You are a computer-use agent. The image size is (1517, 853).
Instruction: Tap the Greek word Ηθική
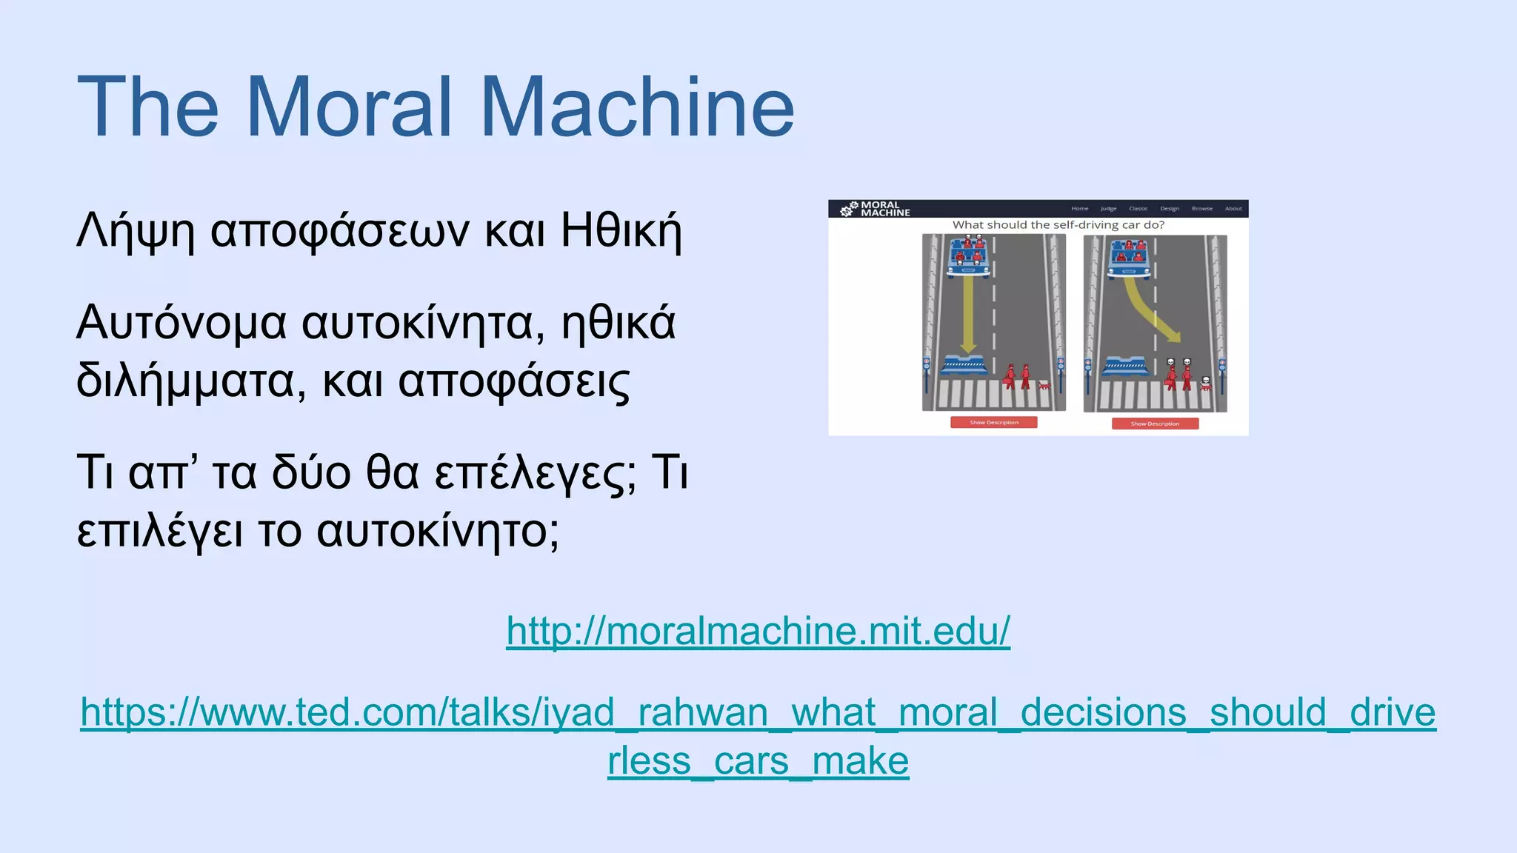point(621,231)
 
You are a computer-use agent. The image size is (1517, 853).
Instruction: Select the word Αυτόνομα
point(181,323)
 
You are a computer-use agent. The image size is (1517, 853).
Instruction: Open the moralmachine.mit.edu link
point(758,631)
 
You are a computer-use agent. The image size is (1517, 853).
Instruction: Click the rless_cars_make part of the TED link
point(758,760)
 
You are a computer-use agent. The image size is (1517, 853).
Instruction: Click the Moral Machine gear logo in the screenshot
point(849,210)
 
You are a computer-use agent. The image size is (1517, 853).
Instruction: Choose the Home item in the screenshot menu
point(1079,209)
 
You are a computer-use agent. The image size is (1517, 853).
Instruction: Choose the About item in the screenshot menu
point(1233,209)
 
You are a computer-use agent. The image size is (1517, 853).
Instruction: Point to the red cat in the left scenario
point(1044,385)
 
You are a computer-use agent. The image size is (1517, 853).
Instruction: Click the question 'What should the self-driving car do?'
point(1058,225)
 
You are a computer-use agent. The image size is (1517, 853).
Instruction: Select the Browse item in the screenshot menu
point(1201,209)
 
